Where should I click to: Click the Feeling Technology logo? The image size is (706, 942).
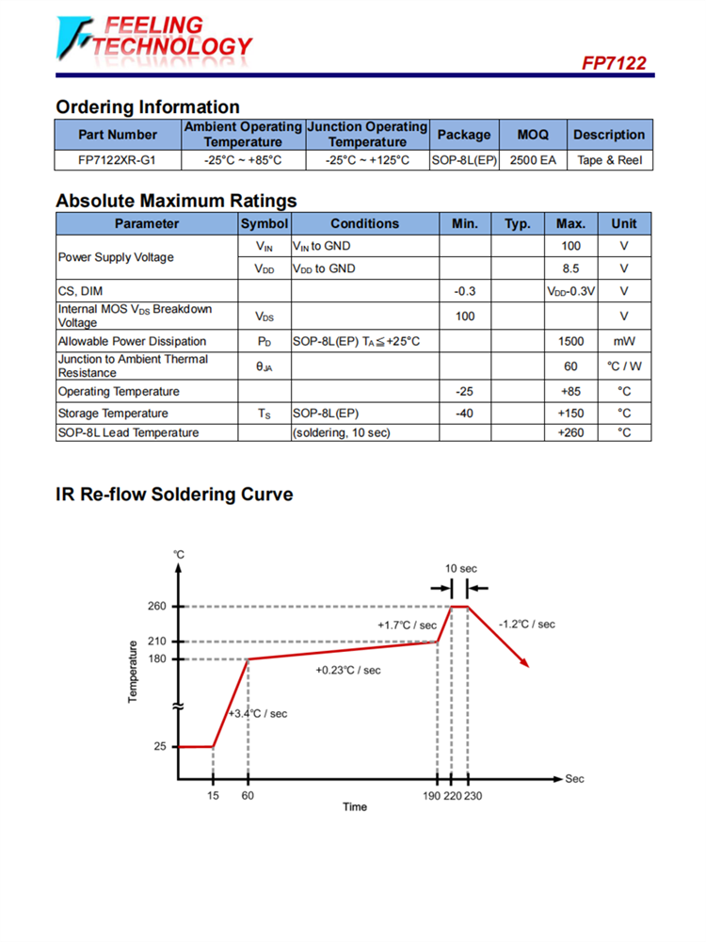153,38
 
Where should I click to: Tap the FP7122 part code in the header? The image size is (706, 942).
614,64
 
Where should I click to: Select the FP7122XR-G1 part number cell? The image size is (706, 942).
118,160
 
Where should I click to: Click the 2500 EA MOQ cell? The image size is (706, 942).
533,160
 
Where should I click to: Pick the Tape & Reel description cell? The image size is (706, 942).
609,160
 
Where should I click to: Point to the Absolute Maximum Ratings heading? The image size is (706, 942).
176,201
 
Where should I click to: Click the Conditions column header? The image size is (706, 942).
364,223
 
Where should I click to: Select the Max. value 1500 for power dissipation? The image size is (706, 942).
570,341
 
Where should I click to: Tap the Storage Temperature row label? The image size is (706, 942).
113,413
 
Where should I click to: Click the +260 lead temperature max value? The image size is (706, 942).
570,432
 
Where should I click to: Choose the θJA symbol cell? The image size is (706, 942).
264,366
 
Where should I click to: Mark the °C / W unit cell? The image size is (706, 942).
623,366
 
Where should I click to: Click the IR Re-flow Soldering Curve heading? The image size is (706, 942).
174,495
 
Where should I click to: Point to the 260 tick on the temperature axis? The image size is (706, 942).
157,606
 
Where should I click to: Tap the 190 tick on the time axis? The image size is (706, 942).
432,796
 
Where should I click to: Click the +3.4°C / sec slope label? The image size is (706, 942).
258,713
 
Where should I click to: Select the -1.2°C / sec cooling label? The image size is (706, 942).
527,624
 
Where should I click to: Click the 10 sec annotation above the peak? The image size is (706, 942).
461,568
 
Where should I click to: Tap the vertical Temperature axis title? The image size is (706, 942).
133,672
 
